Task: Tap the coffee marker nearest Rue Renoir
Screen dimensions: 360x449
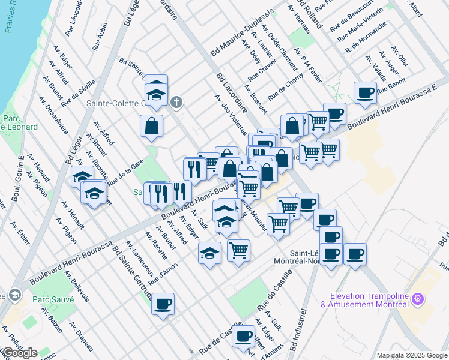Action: pyautogui.click(x=365, y=92)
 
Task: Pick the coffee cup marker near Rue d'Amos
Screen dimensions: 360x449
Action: pyautogui.click(x=163, y=304)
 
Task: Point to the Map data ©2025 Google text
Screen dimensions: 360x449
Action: pyautogui.click(x=412, y=355)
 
